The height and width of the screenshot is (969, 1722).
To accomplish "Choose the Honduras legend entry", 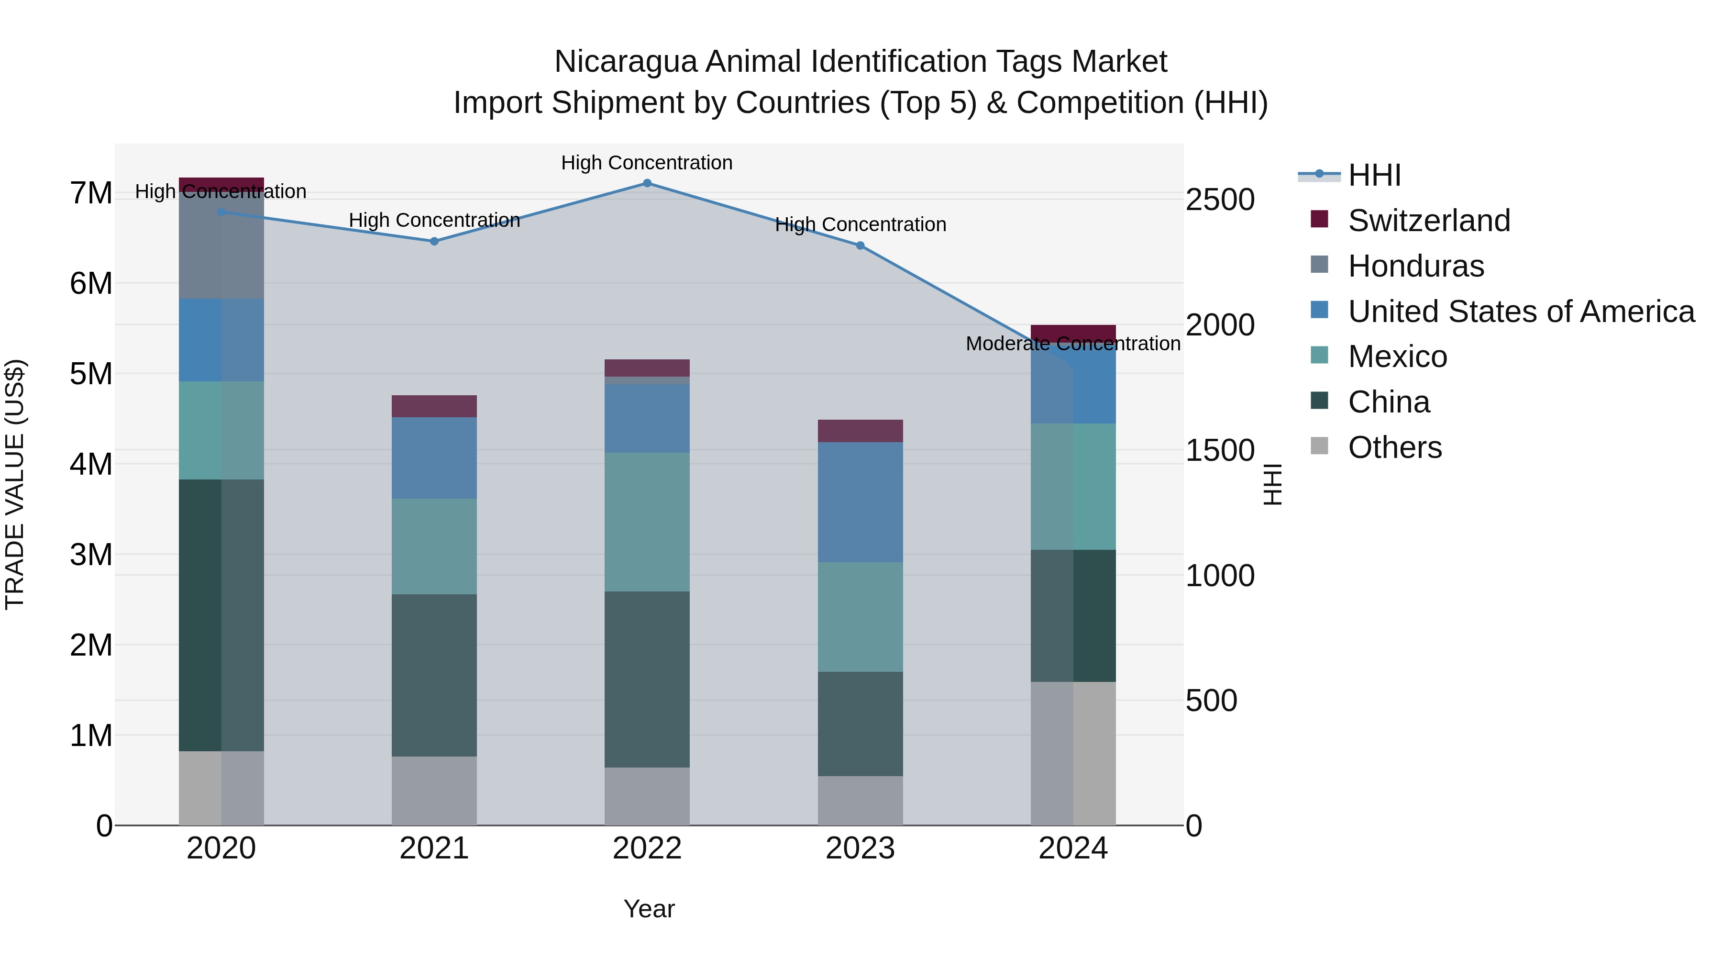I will click(1415, 266).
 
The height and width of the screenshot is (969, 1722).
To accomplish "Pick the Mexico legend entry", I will click(1397, 356).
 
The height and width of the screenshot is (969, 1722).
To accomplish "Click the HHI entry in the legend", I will click(1374, 175).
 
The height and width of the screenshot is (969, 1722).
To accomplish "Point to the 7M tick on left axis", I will click(91, 193).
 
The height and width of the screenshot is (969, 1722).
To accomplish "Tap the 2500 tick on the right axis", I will click(1220, 200).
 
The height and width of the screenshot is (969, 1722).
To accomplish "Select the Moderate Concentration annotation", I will click(1072, 344).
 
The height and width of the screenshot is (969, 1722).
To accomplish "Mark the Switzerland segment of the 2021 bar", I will click(434, 406).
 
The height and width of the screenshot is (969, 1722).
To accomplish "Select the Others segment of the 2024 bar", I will click(1072, 753).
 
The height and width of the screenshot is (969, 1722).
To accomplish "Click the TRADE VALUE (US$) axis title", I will click(15, 484).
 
